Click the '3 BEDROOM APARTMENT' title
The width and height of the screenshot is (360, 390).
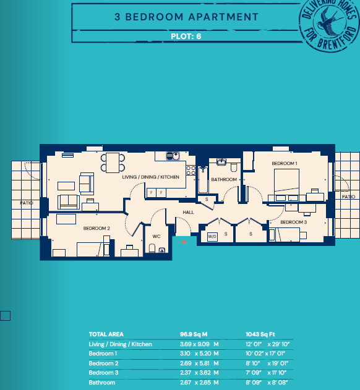click(x=186, y=17)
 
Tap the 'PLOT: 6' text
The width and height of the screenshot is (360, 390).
click(x=186, y=36)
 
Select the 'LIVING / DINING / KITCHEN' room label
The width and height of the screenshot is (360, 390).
click(x=151, y=177)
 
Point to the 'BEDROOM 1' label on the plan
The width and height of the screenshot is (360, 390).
click(x=285, y=163)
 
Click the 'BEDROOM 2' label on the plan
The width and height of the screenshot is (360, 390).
click(x=96, y=228)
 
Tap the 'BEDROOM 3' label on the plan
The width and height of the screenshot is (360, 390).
click(x=293, y=222)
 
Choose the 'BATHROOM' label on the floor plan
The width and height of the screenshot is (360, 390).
click(x=223, y=179)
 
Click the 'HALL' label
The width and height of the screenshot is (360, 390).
click(x=188, y=212)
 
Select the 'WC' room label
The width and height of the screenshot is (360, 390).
click(x=156, y=235)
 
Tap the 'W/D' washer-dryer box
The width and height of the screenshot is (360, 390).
click(x=212, y=236)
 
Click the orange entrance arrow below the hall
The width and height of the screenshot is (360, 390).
click(x=183, y=242)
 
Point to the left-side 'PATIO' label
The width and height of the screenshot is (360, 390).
click(x=26, y=203)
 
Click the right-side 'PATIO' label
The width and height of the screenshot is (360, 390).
click(x=349, y=197)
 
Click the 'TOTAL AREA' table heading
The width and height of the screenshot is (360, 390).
click(x=106, y=334)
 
